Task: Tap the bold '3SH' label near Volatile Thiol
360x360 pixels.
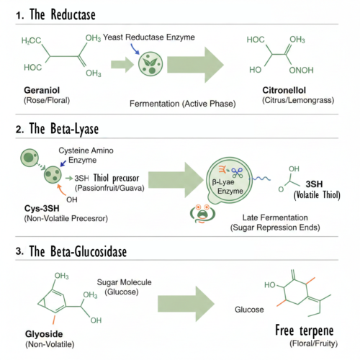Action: click(316, 184)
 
